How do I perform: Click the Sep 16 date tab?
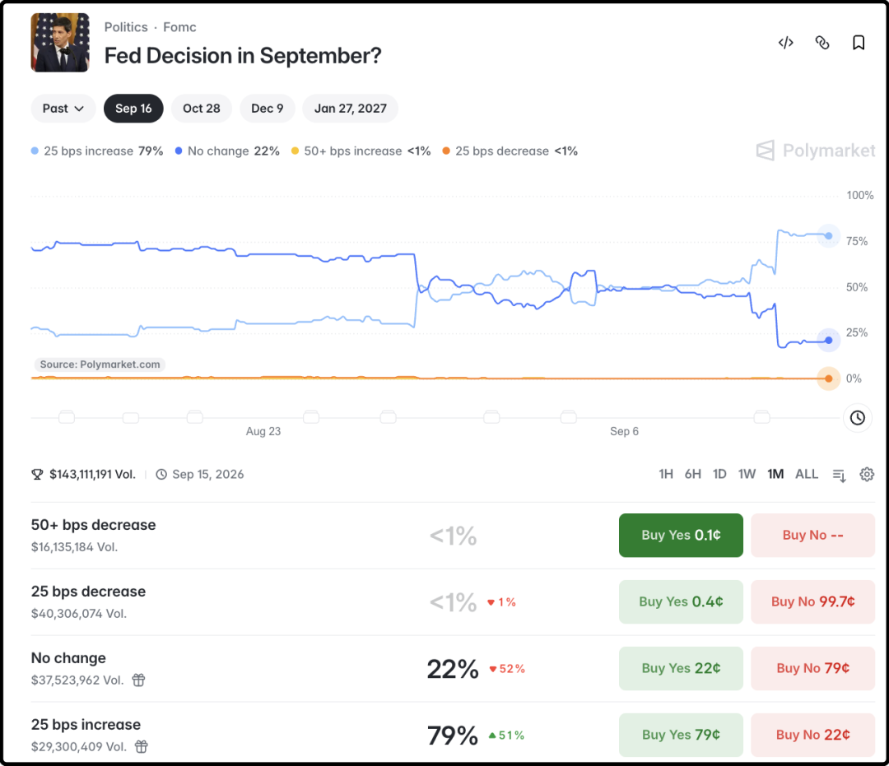pos(133,109)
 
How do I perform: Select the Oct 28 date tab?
pos(202,109)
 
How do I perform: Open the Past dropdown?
pos(63,109)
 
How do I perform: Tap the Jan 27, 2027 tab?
pos(351,109)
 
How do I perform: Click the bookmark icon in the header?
pos(859,43)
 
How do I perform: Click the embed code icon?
pos(786,43)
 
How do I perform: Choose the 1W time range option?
pos(747,474)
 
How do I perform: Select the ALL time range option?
pos(806,474)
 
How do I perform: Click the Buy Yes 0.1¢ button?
pos(681,535)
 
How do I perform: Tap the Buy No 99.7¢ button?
pos(812,601)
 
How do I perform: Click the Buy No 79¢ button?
pos(812,668)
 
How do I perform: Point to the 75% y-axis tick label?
pos(857,241)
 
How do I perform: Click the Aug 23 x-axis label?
pos(263,431)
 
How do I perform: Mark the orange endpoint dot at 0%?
pos(828,378)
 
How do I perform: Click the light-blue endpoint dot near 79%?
pos(828,235)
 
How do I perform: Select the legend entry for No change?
pos(227,151)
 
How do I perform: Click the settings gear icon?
pos(866,474)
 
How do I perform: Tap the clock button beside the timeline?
pos(857,418)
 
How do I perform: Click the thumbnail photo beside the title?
pos(60,43)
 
